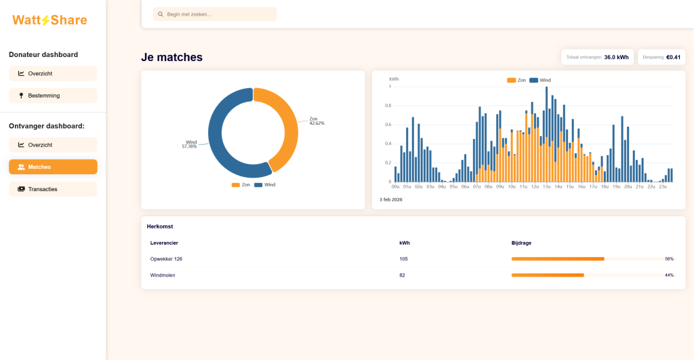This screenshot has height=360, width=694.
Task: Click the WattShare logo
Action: pos(49,20)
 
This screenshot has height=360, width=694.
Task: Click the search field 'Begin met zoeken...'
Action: pos(215,14)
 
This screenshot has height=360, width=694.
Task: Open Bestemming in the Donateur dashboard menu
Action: pos(53,96)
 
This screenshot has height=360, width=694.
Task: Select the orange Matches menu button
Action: pos(53,167)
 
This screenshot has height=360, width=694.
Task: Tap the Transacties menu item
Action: pos(53,189)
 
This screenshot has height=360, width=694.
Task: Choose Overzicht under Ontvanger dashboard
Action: pos(53,145)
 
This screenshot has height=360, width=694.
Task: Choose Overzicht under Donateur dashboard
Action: pos(53,73)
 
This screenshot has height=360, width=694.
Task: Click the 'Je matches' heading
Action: pos(171,57)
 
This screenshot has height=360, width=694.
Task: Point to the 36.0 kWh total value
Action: pos(616,57)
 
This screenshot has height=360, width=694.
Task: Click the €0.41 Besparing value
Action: pos(673,57)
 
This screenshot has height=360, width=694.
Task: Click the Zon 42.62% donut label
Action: pos(317,121)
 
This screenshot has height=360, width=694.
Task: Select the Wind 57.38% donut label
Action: pos(190,144)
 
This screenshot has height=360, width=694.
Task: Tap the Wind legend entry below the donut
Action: pos(265,184)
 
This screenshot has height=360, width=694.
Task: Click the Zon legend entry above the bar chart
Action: pos(516,80)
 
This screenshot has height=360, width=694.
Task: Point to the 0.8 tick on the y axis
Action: pos(388,105)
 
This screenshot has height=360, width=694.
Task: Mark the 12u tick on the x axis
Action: pos(535,187)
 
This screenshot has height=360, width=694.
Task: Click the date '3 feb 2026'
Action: pos(391,200)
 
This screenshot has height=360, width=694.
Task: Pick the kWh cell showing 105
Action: pos(404,259)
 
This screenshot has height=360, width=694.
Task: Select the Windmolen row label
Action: pos(163,275)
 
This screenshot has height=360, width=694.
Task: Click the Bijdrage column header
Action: pos(521,243)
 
